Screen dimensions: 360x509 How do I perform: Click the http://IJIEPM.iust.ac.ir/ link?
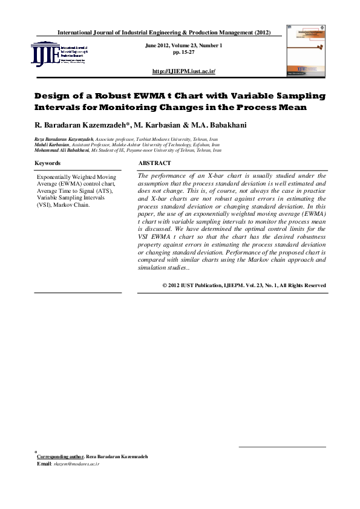click(x=184, y=71)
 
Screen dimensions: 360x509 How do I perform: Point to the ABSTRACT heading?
click(x=155, y=163)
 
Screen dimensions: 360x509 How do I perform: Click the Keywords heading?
click(x=47, y=163)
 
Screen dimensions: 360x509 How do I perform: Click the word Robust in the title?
click(x=124, y=96)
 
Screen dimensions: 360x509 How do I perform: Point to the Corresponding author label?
click(x=60, y=456)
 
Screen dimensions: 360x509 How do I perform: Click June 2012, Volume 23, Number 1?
click(x=184, y=46)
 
